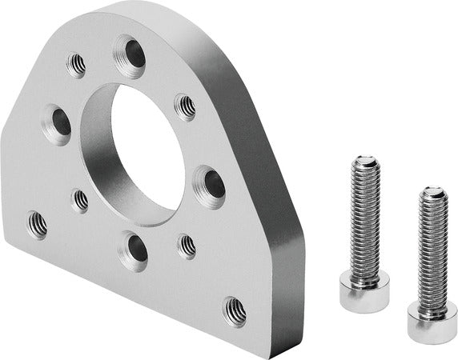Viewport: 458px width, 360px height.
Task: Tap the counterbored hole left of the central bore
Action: (x=58, y=123)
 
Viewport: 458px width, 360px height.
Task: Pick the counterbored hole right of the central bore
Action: (x=210, y=186)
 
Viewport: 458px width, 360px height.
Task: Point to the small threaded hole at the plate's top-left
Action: (x=77, y=64)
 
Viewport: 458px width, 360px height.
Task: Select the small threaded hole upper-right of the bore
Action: (x=185, y=105)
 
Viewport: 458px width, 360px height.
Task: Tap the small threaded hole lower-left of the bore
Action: (x=81, y=199)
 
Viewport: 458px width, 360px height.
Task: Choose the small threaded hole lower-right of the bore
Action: (x=187, y=246)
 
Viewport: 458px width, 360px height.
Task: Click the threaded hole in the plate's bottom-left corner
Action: (x=37, y=225)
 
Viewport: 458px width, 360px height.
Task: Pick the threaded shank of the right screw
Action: (x=432, y=248)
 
